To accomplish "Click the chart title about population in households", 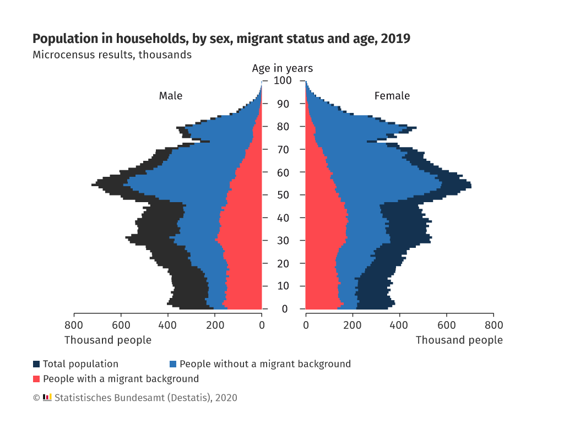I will tap(221, 39).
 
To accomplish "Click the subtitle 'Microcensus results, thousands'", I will tap(112, 55).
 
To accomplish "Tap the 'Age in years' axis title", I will tap(282, 68).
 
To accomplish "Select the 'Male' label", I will tap(171, 96).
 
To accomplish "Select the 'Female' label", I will tap(392, 96).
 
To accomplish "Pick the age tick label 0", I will tap(284, 309).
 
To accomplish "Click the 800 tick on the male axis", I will tap(74, 325).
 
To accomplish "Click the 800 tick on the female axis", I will tap(493, 325).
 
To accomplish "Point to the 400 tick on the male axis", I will tap(168, 325).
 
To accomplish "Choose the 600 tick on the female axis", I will tap(447, 325).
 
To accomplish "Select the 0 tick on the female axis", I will tap(306, 325).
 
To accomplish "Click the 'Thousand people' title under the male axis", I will tap(108, 340).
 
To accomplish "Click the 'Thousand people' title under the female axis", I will tap(459, 340).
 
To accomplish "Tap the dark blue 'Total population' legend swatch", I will tap(36, 364).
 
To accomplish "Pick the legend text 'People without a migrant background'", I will tap(265, 364).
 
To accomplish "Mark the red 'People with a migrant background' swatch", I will tap(36, 379).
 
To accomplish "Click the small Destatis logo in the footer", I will tap(47, 397).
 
